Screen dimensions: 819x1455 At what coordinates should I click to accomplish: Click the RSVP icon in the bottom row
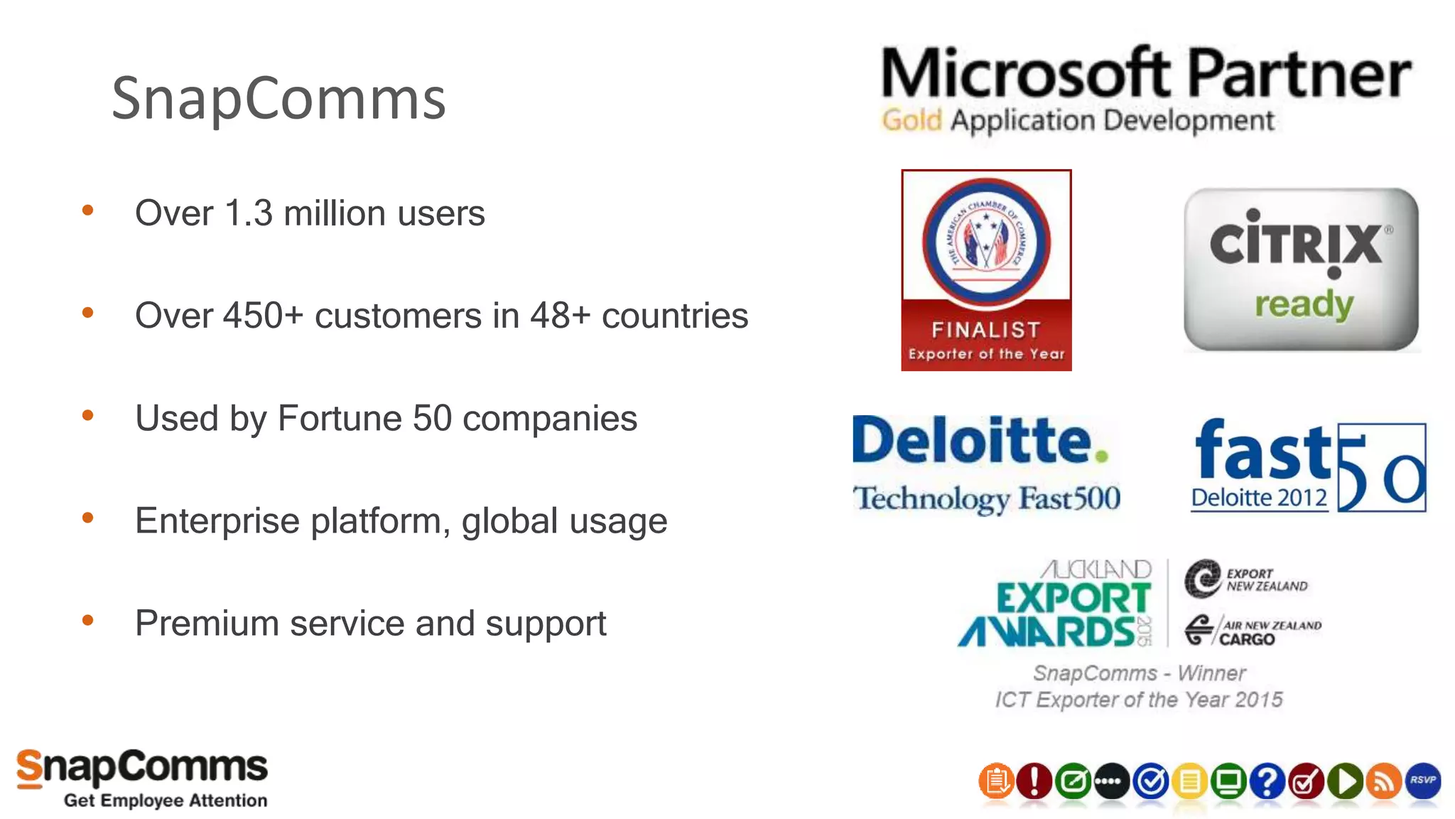click(x=1423, y=781)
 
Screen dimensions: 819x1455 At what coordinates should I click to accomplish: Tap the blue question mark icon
click(x=1267, y=781)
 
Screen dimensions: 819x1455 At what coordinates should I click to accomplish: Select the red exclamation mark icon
click(x=1034, y=781)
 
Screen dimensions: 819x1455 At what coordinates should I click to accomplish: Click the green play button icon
click(x=1345, y=781)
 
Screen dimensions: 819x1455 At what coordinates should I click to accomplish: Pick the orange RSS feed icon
click(x=1384, y=781)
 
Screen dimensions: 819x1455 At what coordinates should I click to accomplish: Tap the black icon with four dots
click(x=1112, y=781)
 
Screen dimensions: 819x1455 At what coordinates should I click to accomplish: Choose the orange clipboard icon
click(x=996, y=781)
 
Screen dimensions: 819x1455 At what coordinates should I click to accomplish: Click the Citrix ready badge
click(x=1301, y=269)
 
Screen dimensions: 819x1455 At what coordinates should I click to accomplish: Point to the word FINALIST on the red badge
click(x=986, y=330)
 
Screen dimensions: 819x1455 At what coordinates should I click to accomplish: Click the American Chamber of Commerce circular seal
click(x=986, y=242)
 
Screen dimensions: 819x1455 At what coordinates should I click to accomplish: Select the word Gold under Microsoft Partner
click(x=912, y=120)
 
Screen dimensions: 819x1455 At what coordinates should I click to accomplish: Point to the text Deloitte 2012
click(x=1259, y=498)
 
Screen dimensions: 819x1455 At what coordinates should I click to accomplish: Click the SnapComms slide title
click(x=278, y=98)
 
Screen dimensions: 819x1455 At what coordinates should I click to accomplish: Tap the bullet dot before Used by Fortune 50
click(x=88, y=415)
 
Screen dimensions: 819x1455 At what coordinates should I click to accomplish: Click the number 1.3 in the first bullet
click(x=248, y=213)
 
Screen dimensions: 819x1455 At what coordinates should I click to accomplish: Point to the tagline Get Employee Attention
click(x=166, y=801)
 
